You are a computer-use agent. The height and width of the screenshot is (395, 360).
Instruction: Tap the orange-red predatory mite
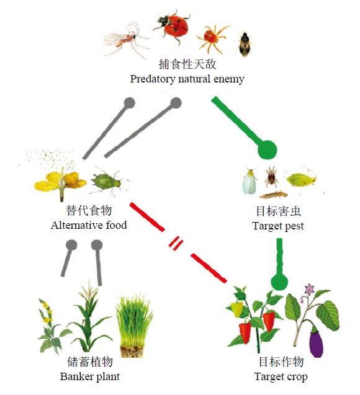click(212, 37)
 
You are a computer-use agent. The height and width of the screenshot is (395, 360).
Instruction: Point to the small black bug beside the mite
click(244, 43)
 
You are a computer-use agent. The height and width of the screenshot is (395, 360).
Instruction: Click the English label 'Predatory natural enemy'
click(187, 79)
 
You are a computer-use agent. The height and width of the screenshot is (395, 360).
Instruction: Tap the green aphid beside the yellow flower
click(108, 182)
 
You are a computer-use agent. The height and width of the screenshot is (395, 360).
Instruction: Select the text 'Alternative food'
click(89, 225)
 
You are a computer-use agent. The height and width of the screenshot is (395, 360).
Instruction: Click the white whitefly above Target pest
click(250, 181)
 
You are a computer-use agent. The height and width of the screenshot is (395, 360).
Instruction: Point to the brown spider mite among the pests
click(271, 177)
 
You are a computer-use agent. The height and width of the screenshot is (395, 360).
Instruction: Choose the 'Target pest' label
click(278, 226)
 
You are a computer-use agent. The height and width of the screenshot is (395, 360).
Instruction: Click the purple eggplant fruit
click(317, 342)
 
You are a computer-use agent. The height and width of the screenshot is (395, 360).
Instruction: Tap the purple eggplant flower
click(309, 290)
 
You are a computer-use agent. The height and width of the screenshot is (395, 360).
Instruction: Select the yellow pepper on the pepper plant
click(237, 309)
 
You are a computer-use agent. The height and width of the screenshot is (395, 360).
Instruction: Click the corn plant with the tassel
click(89, 317)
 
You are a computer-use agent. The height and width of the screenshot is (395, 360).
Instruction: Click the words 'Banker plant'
click(90, 376)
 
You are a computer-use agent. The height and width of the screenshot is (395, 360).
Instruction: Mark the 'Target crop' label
click(281, 377)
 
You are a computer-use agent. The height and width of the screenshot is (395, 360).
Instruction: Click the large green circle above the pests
click(268, 150)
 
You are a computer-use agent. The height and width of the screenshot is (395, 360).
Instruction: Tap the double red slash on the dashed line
click(176, 243)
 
